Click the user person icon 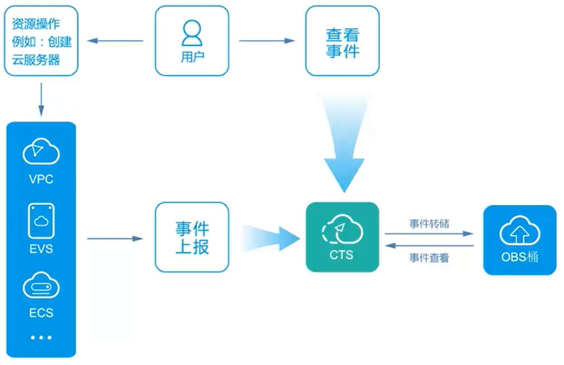[x=192, y=32]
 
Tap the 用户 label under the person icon [x=192, y=57]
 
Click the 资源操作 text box [x=41, y=41]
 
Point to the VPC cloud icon [x=41, y=151]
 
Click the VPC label [x=41, y=179]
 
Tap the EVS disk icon [x=41, y=221]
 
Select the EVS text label [x=41, y=248]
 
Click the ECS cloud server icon [x=41, y=286]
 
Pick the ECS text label [x=41, y=313]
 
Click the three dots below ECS [x=41, y=337]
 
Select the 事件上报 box [x=192, y=237]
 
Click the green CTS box [x=342, y=237]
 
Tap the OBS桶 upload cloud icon [x=520, y=230]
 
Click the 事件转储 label [x=429, y=224]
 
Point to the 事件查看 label [x=429, y=258]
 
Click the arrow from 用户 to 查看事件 [x=267, y=41]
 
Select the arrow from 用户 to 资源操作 [x=116, y=41]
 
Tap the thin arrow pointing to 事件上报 [x=115, y=239]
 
